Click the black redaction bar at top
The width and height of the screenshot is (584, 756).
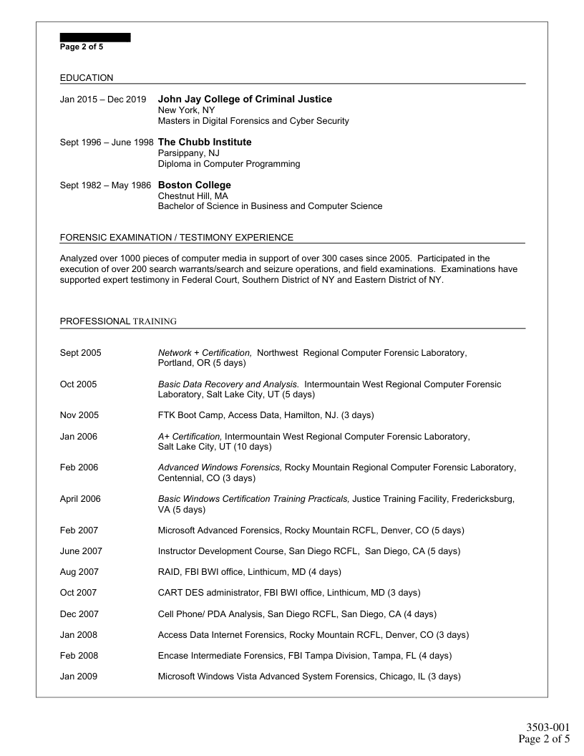[x=95, y=37]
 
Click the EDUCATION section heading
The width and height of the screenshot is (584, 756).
[x=87, y=77]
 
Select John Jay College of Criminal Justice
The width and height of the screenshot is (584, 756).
[x=245, y=99]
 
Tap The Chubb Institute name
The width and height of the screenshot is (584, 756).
[x=205, y=142]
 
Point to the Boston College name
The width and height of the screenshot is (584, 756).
[x=194, y=185]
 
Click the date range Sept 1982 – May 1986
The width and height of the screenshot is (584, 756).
[x=105, y=185]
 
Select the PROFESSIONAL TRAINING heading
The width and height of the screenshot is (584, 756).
[x=118, y=321]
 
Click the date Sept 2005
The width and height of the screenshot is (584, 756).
[x=81, y=353]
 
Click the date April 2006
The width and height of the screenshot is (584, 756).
[x=80, y=498]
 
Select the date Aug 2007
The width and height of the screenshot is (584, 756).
[x=79, y=572]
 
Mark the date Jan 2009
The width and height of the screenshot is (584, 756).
[x=79, y=676]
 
